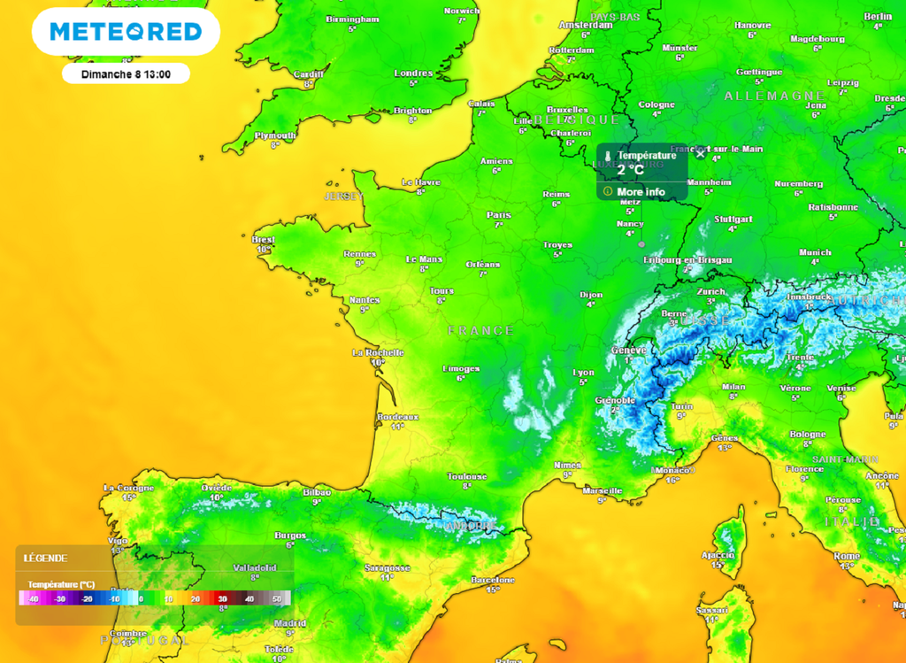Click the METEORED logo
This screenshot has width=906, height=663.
point(126,33)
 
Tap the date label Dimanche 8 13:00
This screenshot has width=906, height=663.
point(126,73)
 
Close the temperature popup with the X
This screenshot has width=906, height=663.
point(701,154)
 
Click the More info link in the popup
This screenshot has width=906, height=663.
point(641,192)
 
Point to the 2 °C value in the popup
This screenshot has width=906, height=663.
point(633,170)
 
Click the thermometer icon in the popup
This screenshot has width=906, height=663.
point(608,156)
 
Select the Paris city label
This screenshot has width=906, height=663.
point(499,215)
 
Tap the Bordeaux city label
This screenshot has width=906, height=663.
point(397,416)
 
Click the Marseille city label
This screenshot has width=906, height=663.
point(603,490)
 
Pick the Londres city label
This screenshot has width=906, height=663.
point(413,73)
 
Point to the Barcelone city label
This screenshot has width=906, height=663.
point(493,580)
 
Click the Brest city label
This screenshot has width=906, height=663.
point(263,239)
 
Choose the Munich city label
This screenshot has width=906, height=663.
point(815,252)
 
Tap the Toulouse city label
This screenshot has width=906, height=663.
point(467,476)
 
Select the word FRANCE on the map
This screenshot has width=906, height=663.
point(480,330)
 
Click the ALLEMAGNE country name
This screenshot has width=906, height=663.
point(762,96)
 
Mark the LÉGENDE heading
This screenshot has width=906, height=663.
point(45,558)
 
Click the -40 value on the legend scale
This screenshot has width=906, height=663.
point(33,599)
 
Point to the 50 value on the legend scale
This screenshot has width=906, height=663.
point(276,599)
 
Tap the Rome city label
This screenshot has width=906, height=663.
point(847,556)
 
